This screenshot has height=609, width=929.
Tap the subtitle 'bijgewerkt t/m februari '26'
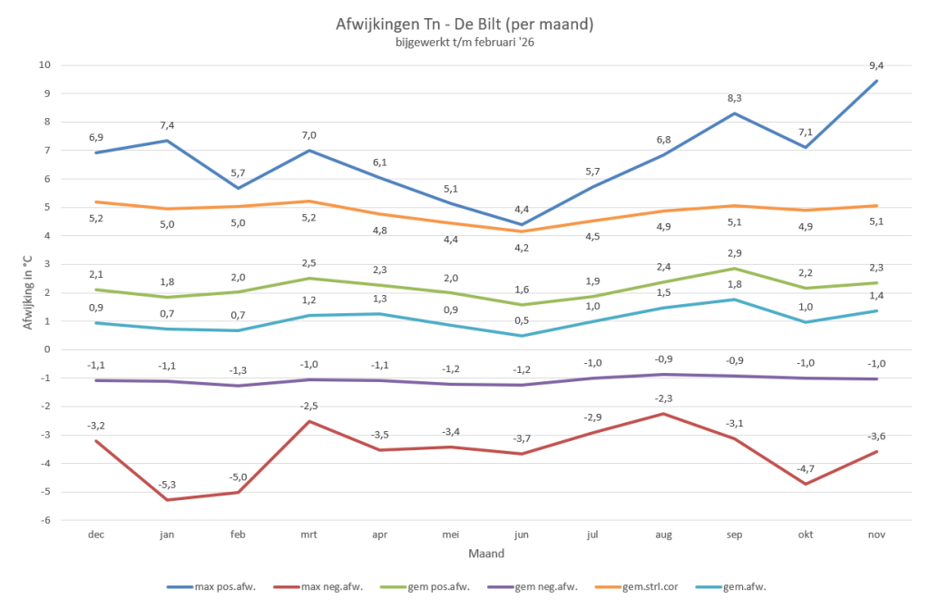point(464,42)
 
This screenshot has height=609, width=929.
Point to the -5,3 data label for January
point(167,484)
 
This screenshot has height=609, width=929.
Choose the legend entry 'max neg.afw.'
point(324,587)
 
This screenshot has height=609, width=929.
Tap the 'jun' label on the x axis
point(523,535)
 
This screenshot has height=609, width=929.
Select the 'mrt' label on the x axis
point(309,535)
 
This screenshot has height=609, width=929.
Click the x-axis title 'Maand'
point(486,553)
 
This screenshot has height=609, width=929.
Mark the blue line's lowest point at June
point(523,224)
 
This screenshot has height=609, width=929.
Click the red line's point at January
point(167,500)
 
